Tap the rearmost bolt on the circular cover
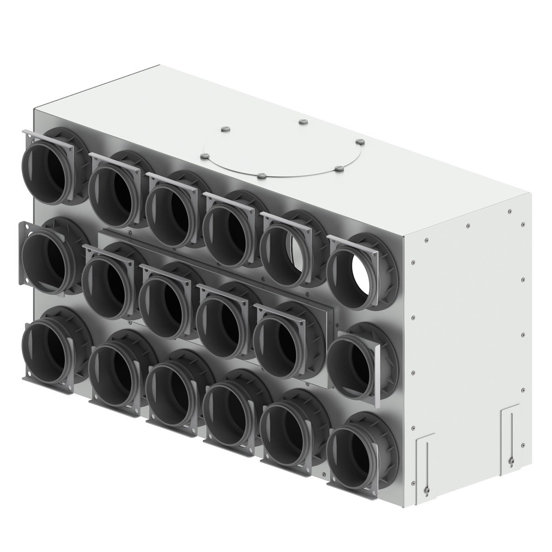tap(302, 121)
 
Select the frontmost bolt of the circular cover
tap(261, 175)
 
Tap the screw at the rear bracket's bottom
tap(510, 446)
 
